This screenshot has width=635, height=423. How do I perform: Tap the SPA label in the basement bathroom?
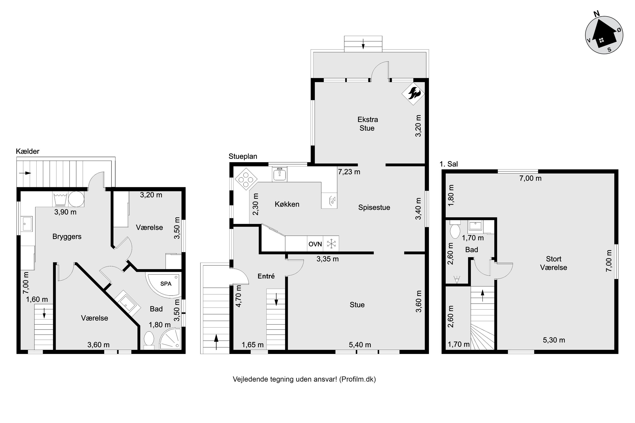pyautogui.click(x=166, y=284)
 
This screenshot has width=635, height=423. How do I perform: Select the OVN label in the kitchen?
pyautogui.click(x=315, y=244)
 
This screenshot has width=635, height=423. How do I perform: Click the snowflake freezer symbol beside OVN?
pyautogui.click(x=331, y=244)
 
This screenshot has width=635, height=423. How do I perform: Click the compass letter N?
pyautogui.click(x=597, y=21)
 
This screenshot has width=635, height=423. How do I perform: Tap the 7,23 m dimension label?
pyautogui.click(x=349, y=172)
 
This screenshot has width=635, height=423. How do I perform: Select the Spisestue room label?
pyautogui.click(x=374, y=207)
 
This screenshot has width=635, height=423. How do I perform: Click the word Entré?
pyautogui.click(x=266, y=276)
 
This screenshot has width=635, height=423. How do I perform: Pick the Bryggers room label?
pyautogui.click(x=67, y=237)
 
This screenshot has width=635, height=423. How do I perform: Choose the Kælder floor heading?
pyautogui.click(x=28, y=151)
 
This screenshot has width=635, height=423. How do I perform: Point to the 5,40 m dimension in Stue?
pyautogui.click(x=360, y=345)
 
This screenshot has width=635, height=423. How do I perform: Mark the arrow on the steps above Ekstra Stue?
pyautogui.click(x=363, y=44)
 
